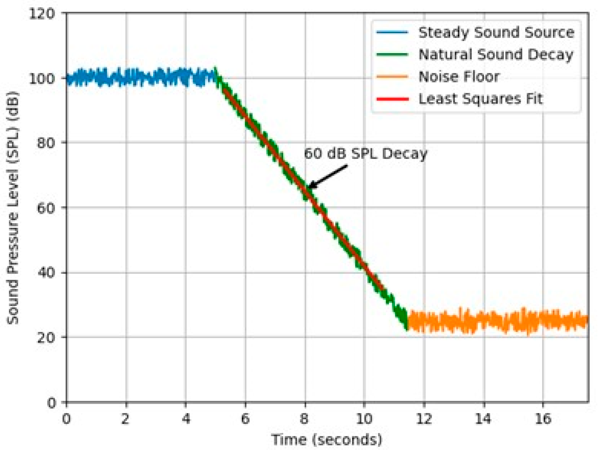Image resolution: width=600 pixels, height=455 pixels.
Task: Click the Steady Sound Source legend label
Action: [496, 33]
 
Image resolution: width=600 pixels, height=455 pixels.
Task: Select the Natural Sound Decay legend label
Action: [496, 55]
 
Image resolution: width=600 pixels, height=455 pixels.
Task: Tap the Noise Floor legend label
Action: [459, 77]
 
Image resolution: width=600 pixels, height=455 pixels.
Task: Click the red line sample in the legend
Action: [392, 99]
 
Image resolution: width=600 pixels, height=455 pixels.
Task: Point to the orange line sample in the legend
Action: [392, 77]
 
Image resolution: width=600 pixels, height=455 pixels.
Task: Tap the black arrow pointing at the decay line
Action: [328, 176]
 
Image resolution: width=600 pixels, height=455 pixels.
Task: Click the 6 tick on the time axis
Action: [245, 419]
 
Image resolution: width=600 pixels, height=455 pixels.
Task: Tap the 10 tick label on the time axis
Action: [364, 419]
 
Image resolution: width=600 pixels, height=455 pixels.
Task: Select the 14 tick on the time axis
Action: [483, 419]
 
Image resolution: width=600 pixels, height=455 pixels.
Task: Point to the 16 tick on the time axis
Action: [543, 419]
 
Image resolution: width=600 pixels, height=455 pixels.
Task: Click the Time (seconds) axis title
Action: [327, 440]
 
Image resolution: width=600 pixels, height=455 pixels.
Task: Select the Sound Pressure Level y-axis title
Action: [13, 208]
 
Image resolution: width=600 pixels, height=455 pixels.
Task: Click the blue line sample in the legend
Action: [392, 33]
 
